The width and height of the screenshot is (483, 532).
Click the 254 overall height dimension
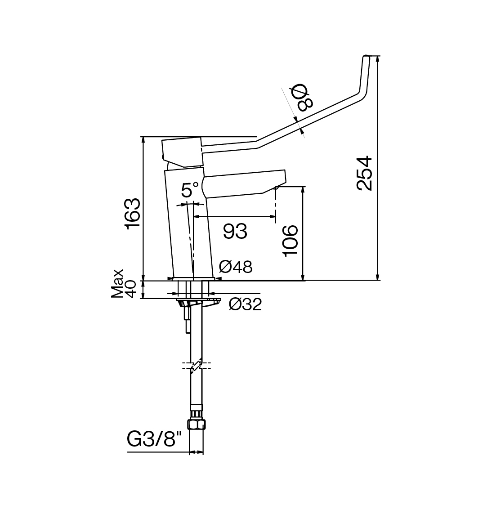(x=365, y=173)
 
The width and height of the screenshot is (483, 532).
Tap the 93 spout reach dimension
(x=235, y=232)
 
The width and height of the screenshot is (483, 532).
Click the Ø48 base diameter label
(x=236, y=267)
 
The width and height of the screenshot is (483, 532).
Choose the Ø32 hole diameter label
(x=245, y=304)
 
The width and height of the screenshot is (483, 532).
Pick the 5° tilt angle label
(x=190, y=189)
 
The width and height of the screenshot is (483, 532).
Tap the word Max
(x=117, y=284)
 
